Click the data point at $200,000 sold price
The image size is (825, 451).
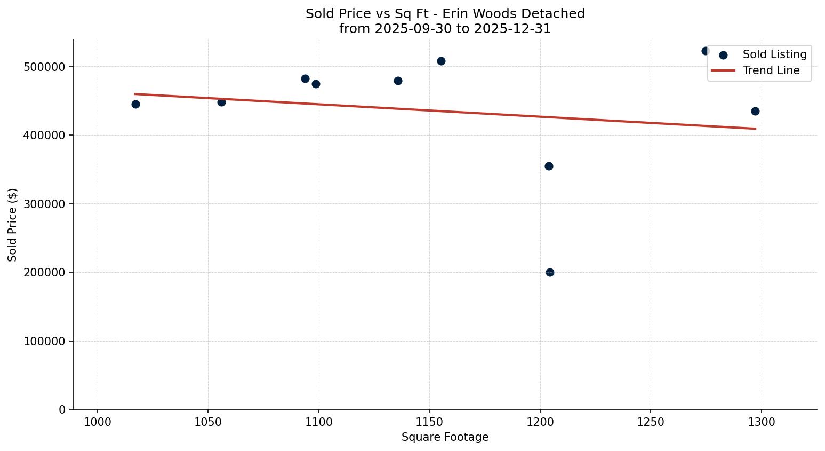point(550,272)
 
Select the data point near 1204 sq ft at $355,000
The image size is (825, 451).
point(549,166)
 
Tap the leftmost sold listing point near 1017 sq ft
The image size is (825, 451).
point(135,104)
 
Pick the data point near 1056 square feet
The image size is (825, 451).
point(221,102)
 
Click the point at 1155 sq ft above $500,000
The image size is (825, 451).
point(441,61)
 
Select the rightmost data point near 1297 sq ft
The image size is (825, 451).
point(755,111)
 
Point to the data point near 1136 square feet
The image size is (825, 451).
point(398,81)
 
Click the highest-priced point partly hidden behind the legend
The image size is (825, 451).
point(705,51)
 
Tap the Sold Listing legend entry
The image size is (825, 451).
point(774,54)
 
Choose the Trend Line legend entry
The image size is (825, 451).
point(771,70)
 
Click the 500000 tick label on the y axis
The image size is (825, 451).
point(45,67)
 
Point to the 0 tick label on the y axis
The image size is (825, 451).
point(62,409)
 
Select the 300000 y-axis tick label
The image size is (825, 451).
point(45,204)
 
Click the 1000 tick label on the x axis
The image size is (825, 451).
point(98,422)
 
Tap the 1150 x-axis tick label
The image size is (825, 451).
point(429,422)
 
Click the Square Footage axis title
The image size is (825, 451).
point(445,437)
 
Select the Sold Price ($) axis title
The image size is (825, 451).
point(12,225)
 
